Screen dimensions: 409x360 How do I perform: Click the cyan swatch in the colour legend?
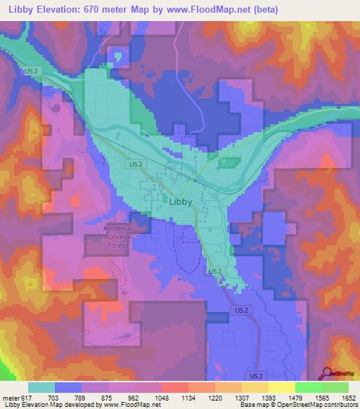(41, 387)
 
